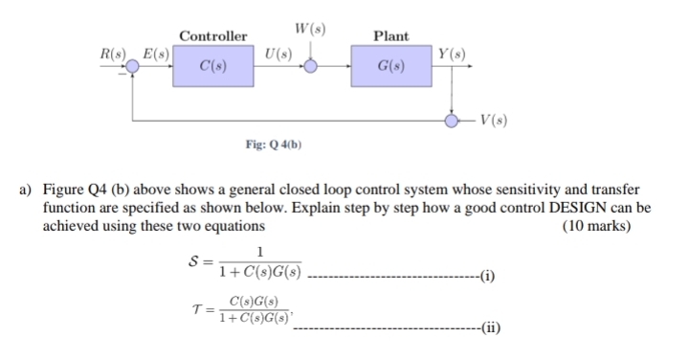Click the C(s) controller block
(207, 67)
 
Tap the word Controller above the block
(207, 35)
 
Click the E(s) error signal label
(155, 50)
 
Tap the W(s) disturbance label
(311, 27)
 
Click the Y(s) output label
(451, 50)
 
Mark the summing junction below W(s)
(311, 66)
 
